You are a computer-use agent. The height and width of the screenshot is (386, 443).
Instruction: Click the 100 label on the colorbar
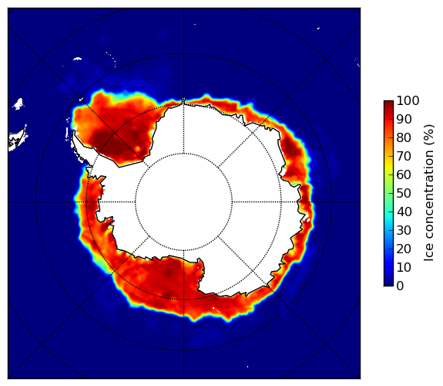(408, 100)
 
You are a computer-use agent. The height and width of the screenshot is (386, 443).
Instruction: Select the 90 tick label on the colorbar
(404, 119)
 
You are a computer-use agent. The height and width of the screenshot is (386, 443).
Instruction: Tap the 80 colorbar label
(404, 138)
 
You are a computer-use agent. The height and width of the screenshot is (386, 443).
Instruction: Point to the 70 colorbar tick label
(404, 156)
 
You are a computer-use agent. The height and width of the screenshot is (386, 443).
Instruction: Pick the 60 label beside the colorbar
(404, 174)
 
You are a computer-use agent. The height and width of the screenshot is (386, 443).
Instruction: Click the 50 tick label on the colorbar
(404, 194)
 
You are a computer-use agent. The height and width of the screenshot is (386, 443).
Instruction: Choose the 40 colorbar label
(404, 212)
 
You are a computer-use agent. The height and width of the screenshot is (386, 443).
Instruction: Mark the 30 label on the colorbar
(404, 231)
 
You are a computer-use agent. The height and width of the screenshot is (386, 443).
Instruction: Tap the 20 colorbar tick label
(404, 249)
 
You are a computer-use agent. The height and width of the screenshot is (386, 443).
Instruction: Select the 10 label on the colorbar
(404, 267)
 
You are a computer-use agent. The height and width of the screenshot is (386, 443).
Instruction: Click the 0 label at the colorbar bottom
(400, 286)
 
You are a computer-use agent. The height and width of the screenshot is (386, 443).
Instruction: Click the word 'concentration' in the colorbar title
(429, 198)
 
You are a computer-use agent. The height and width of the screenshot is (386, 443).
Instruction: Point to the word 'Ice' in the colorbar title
(429, 255)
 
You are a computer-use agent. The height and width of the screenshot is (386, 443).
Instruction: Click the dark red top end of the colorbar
(388, 103)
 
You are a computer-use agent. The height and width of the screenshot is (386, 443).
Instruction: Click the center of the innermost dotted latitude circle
(183, 201)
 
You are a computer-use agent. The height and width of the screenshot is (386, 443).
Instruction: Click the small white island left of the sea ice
(18, 104)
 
